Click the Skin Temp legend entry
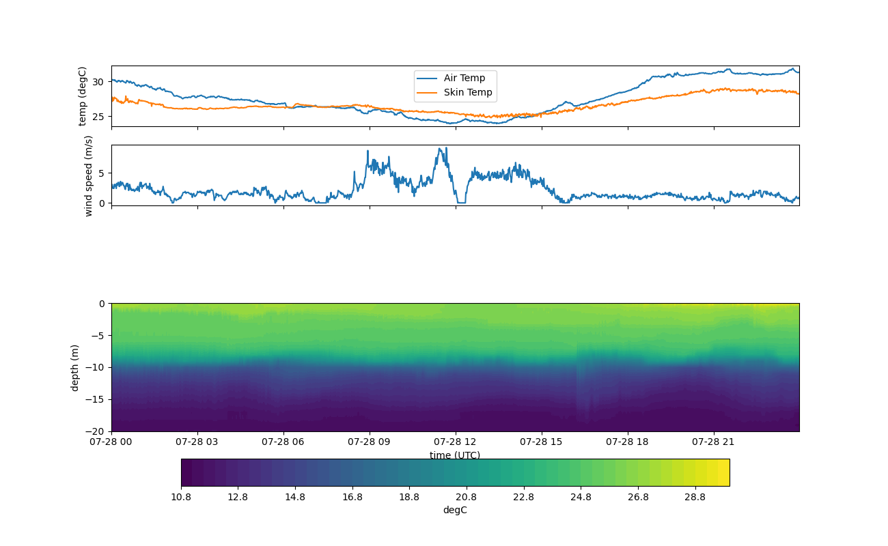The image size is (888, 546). click(x=467, y=93)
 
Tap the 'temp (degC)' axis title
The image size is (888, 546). click(x=83, y=96)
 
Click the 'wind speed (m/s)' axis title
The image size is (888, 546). click(x=88, y=175)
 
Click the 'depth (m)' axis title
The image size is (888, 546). click(x=75, y=367)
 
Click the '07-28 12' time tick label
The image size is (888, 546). click(x=456, y=442)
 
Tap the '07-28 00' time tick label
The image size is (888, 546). click(x=111, y=442)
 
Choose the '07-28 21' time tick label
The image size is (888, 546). click(x=714, y=442)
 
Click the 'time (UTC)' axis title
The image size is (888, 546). click(x=455, y=455)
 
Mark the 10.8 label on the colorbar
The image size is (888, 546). click(x=181, y=498)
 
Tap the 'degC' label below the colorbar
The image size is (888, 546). click(x=455, y=511)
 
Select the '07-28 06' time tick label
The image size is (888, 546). click(x=283, y=442)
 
